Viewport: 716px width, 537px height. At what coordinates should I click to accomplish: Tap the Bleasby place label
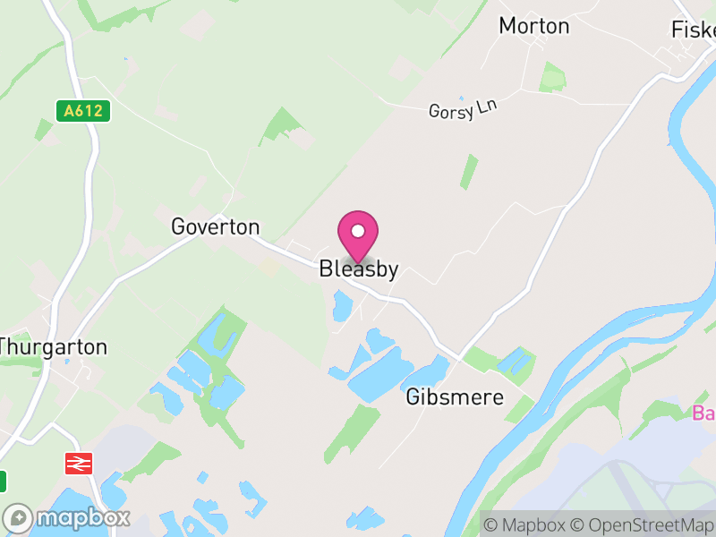[x=358, y=269]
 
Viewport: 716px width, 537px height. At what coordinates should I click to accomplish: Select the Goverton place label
[x=216, y=227]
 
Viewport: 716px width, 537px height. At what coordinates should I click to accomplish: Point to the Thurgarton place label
[x=54, y=346]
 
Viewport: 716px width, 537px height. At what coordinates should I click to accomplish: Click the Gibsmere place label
[x=455, y=397]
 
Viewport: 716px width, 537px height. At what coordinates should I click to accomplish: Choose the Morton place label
[x=534, y=26]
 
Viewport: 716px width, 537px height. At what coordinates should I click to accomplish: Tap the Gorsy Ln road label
[x=463, y=109]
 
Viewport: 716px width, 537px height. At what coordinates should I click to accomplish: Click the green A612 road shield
[x=82, y=111]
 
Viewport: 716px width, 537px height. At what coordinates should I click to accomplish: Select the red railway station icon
[x=80, y=463]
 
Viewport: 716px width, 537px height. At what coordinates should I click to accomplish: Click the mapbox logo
[x=67, y=517]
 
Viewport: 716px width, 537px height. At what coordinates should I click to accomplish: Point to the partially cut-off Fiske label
[x=694, y=30]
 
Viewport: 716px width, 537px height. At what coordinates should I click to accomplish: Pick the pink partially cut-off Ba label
[x=704, y=413]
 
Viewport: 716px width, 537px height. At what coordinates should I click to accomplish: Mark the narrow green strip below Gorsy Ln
[x=469, y=171]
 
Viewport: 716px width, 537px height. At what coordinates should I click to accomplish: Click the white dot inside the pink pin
[x=358, y=231]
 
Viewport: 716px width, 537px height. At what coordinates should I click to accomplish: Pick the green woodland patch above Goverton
[x=283, y=125]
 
